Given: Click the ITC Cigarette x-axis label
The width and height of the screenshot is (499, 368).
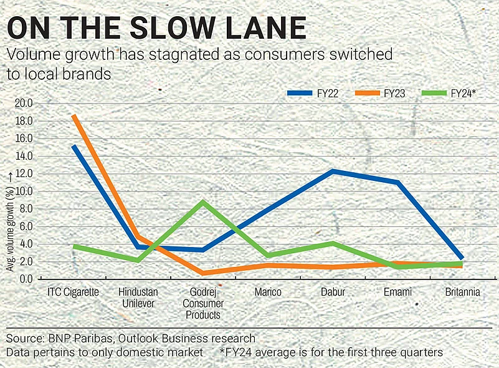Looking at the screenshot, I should point(74,292).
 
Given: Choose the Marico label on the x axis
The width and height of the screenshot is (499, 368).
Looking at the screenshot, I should point(268,292).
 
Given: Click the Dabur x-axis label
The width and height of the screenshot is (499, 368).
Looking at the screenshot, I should point(333,292).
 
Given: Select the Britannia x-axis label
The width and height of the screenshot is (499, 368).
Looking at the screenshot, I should point(462,292).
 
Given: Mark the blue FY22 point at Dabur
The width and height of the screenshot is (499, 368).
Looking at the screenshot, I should point(333,171).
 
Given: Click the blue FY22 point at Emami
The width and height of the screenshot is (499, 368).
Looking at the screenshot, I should point(397,182).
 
